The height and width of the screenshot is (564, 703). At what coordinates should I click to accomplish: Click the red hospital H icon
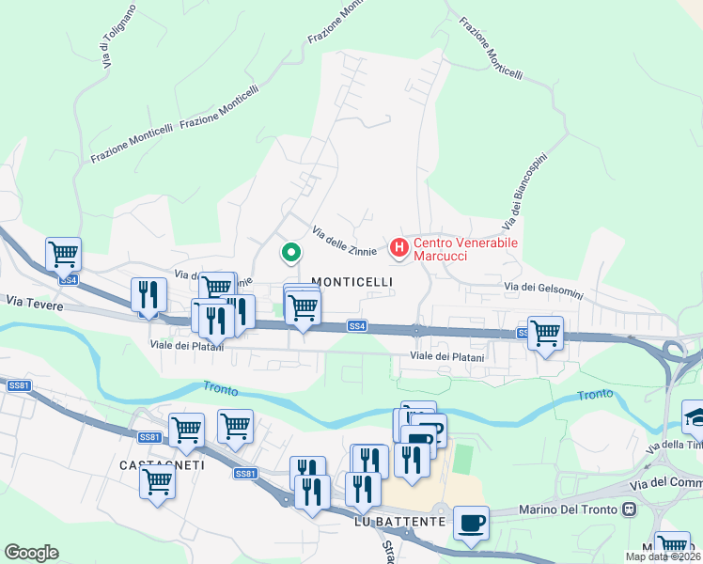[x=398, y=248]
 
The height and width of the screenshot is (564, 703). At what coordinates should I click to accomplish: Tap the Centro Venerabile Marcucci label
[x=466, y=249]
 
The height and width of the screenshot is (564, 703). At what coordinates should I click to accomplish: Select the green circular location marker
[x=291, y=252]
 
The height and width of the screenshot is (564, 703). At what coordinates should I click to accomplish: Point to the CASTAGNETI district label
[x=149, y=465]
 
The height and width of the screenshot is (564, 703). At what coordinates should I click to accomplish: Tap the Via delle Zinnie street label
[x=344, y=239]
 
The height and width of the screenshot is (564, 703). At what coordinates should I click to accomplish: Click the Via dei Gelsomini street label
[x=543, y=290]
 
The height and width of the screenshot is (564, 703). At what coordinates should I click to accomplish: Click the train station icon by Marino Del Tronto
[x=630, y=510]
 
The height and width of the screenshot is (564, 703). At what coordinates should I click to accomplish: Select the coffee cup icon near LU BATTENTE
[x=471, y=522]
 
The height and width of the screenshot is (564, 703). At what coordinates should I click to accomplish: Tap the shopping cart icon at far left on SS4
[x=63, y=253]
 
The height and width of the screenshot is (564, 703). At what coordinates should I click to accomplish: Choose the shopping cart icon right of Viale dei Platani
[x=545, y=332]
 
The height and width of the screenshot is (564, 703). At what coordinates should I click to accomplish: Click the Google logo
[x=31, y=553]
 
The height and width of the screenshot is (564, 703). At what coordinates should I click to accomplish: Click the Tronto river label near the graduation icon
[x=595, y=396]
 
